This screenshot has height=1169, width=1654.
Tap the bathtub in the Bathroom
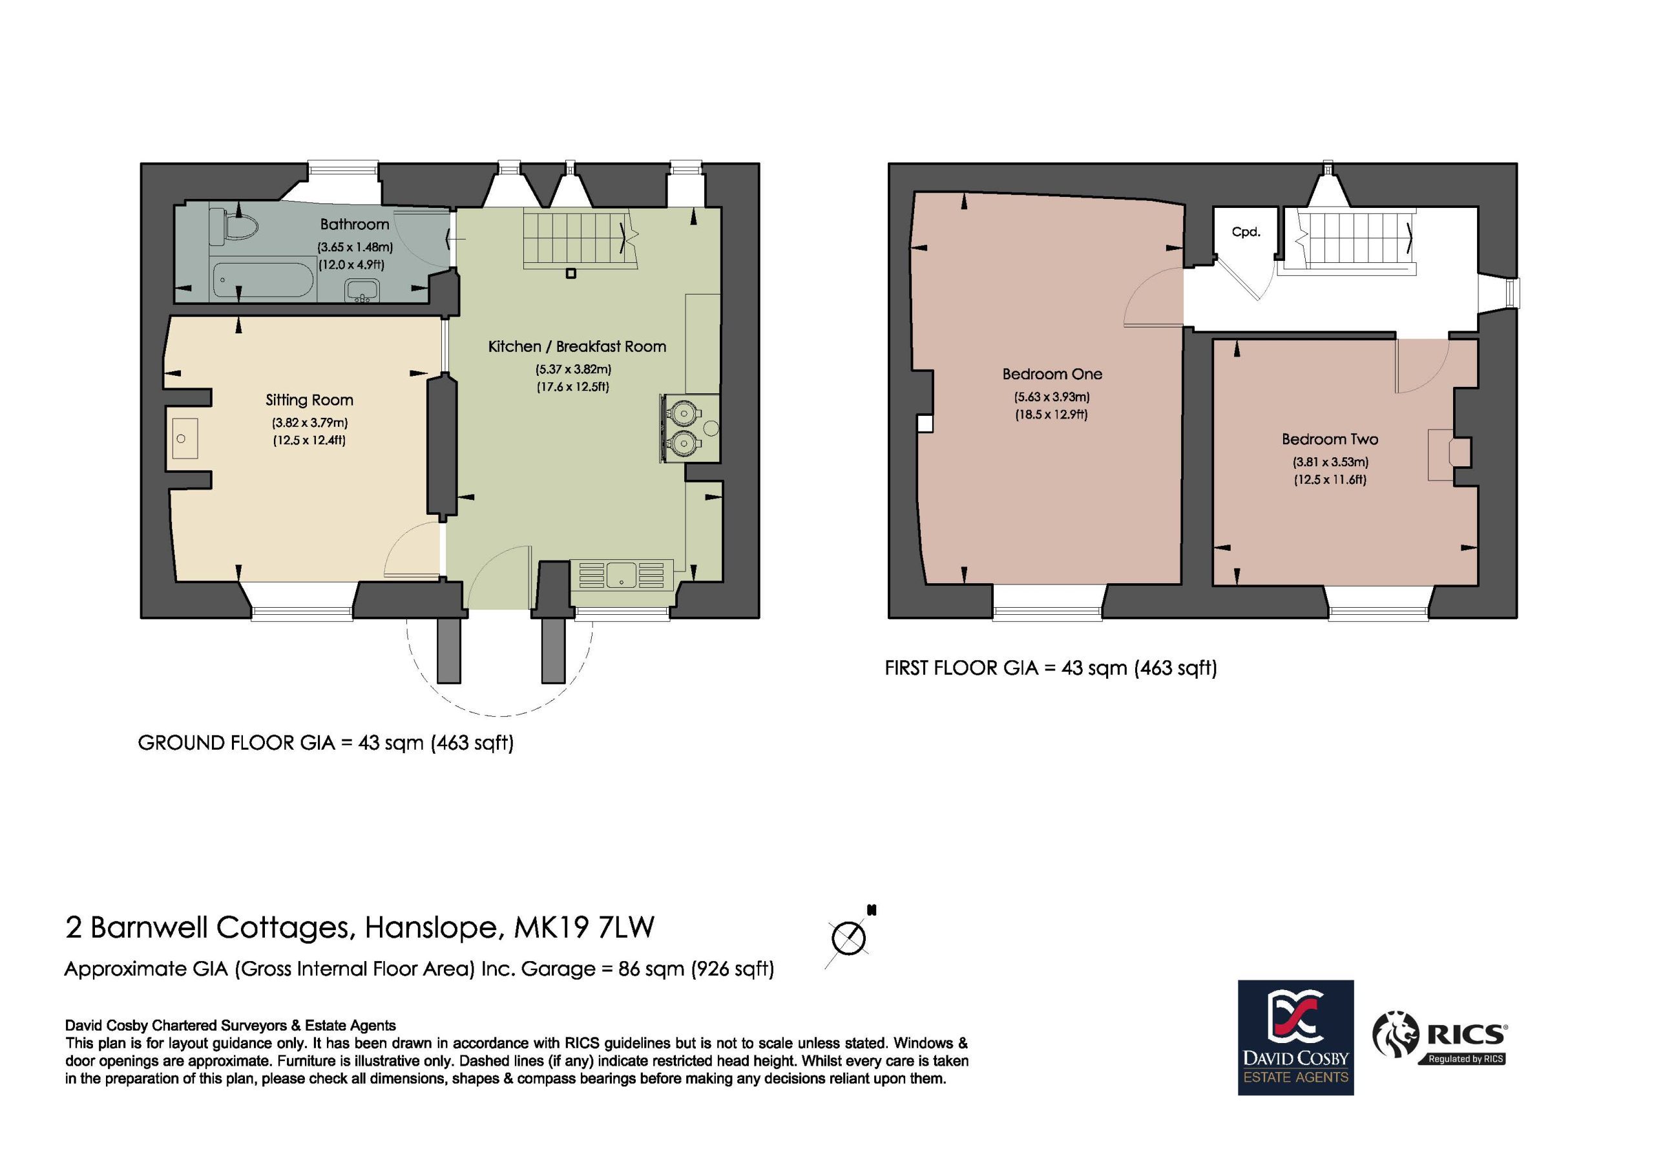tap(263, 280)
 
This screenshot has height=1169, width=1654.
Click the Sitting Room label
tap(309, 400)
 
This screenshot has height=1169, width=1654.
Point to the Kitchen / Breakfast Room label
tap(577, 346)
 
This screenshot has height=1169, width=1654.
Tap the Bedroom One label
tap(1052, 374)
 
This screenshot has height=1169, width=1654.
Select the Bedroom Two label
tap(1330, 439)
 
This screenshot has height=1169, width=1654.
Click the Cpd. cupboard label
tap(1246, 232)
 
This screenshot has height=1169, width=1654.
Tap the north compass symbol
tap(850, 937)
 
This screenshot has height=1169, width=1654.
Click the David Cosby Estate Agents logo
tap(1295, 1038)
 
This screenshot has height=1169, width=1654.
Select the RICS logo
tap(1441, 1038)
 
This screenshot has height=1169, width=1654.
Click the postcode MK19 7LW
tap(584, 927)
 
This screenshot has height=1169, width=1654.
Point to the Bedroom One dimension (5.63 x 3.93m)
tap(1052, 397)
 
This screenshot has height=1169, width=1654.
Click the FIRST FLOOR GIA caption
tap(1051, 668)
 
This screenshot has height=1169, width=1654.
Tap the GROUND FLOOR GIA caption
tap(326, 743)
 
